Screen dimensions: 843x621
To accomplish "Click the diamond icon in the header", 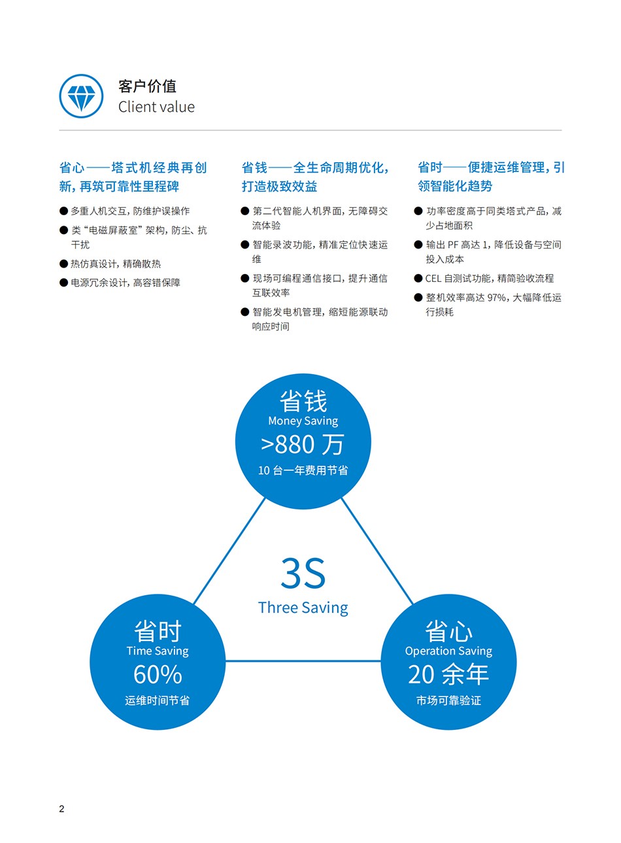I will coord(81,96).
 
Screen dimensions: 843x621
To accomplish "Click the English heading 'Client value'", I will coord(156,107).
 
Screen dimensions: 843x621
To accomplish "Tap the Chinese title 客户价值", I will coord(147,86).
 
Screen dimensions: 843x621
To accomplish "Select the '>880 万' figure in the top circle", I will coord(302,445).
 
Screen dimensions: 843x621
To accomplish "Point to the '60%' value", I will coord(158,674).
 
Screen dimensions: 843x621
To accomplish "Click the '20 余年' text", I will coord(448,674).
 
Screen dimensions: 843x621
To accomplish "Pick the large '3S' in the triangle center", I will coord(303,574).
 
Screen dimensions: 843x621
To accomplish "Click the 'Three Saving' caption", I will coord(303,608).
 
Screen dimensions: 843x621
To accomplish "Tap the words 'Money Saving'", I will coord(303,421).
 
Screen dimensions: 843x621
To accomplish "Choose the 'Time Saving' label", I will coord(158,651).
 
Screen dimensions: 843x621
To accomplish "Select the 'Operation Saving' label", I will coord(448,651).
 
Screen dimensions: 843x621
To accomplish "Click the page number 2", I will coord(62,809).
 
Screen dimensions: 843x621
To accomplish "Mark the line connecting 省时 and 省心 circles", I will coord(303,661).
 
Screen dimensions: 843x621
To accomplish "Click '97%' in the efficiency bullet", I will coord(496,298).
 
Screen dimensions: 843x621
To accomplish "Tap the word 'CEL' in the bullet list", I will coord(433,279).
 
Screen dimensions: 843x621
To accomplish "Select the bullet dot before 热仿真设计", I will coord(63,264).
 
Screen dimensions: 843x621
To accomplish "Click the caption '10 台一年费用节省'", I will coord(303,470).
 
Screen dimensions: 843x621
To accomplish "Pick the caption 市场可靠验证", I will coord(448,700).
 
